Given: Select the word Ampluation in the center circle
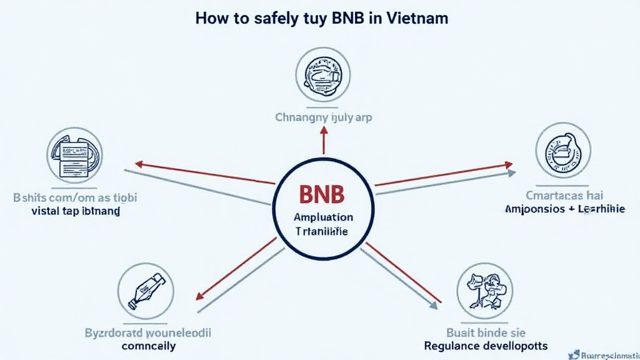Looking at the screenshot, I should point(323,217).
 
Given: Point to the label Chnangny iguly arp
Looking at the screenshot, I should point(322,117).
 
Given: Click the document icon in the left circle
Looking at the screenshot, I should point(74,154).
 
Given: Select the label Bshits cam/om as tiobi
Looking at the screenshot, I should point(76,197).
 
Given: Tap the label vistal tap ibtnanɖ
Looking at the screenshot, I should point(76,211).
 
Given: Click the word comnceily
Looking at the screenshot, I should point(148,346).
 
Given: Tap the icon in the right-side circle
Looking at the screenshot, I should point(562,151).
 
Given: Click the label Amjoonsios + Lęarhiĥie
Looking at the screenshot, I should point(564,210).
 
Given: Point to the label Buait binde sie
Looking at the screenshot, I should point(485,332).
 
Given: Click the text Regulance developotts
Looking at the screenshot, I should point(485,346).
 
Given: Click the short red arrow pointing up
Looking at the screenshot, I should point(324,139).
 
